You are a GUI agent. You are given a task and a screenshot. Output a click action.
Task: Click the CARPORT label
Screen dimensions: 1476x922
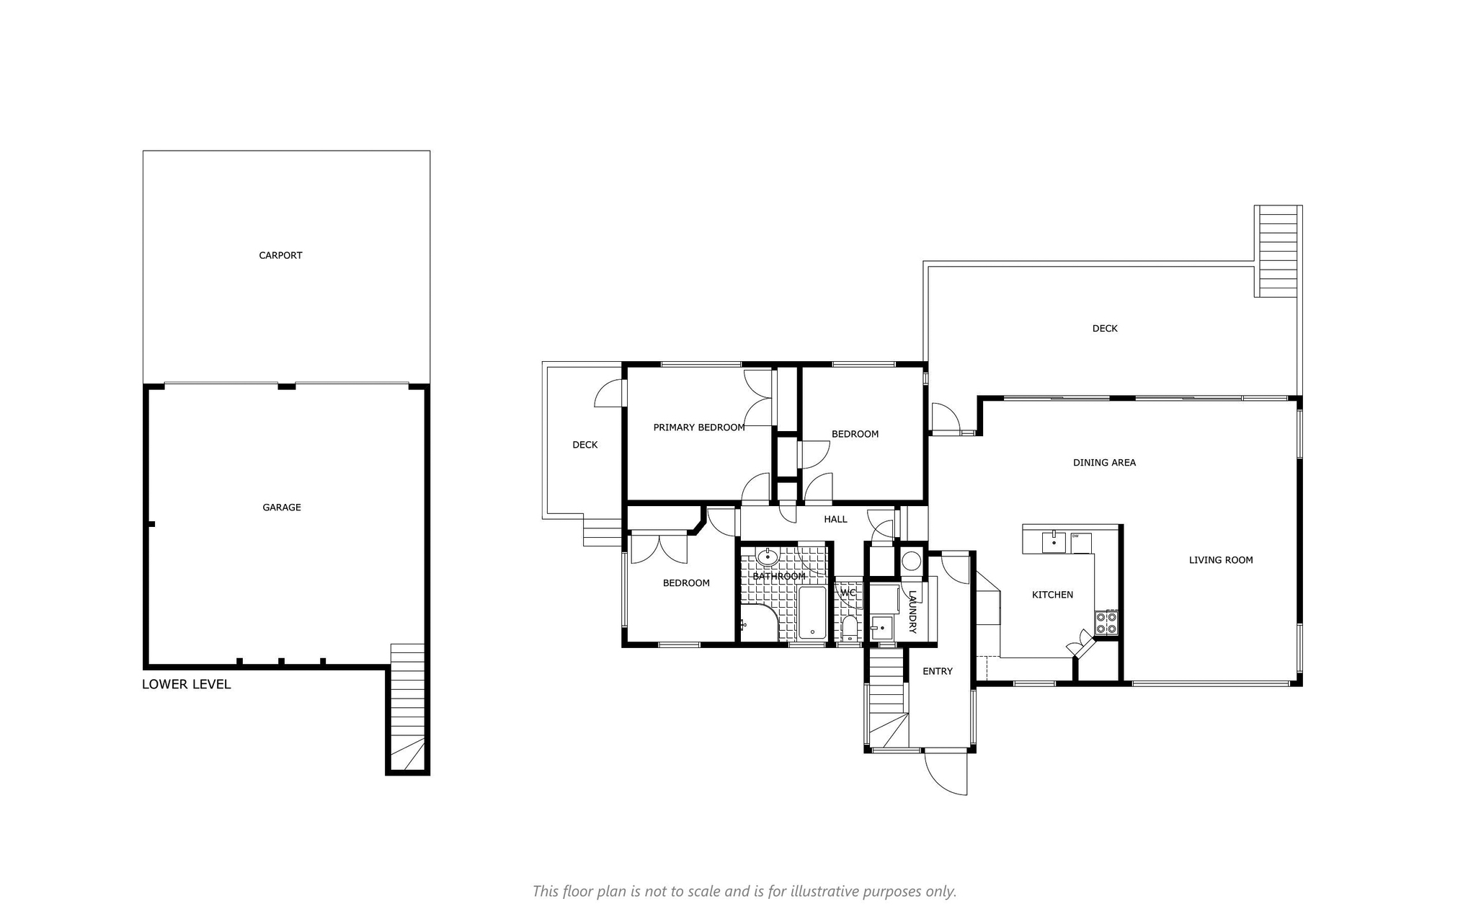pos(280,255)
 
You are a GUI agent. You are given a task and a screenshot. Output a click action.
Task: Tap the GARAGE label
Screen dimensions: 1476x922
pos(282,507)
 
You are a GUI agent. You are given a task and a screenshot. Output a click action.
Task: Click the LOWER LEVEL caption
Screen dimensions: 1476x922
pos(187,684)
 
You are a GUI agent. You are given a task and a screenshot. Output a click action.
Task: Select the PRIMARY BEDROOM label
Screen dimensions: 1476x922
pos(699,427)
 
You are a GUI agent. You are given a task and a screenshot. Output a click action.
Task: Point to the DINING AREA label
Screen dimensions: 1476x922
pos(1104,463)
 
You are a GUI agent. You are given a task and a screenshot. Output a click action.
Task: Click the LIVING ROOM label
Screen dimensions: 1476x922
pos(1221,560)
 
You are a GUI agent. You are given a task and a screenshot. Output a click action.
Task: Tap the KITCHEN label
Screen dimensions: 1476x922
pos(1053,595)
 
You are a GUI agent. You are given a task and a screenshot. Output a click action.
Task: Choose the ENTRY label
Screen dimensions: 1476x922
pos(938,671)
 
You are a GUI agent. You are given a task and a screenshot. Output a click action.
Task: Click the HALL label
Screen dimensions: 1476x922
pos(836,519)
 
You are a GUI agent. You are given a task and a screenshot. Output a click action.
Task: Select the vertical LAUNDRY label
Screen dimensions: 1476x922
pos(912,613)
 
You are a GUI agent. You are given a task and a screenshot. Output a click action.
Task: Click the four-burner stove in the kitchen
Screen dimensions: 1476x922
pos(1106,622)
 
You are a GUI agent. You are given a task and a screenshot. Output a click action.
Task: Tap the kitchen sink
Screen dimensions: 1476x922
pos(1054,541)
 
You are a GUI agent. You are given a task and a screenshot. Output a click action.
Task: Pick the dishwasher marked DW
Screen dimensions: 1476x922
pos(1081,542)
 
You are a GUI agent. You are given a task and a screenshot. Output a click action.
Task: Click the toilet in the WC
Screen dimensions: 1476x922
pos(850,628)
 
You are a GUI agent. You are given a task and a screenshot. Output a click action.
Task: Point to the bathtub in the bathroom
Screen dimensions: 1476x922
pos(812,613)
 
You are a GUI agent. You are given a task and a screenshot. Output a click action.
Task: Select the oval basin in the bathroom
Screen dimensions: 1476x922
pos(768,557)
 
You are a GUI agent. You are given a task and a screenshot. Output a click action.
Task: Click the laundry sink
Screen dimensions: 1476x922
pos(882,628)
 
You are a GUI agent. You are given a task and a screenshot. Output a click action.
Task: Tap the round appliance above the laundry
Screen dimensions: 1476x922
pos(912,561)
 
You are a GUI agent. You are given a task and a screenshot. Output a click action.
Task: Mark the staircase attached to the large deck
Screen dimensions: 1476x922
pos(1279,251)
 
